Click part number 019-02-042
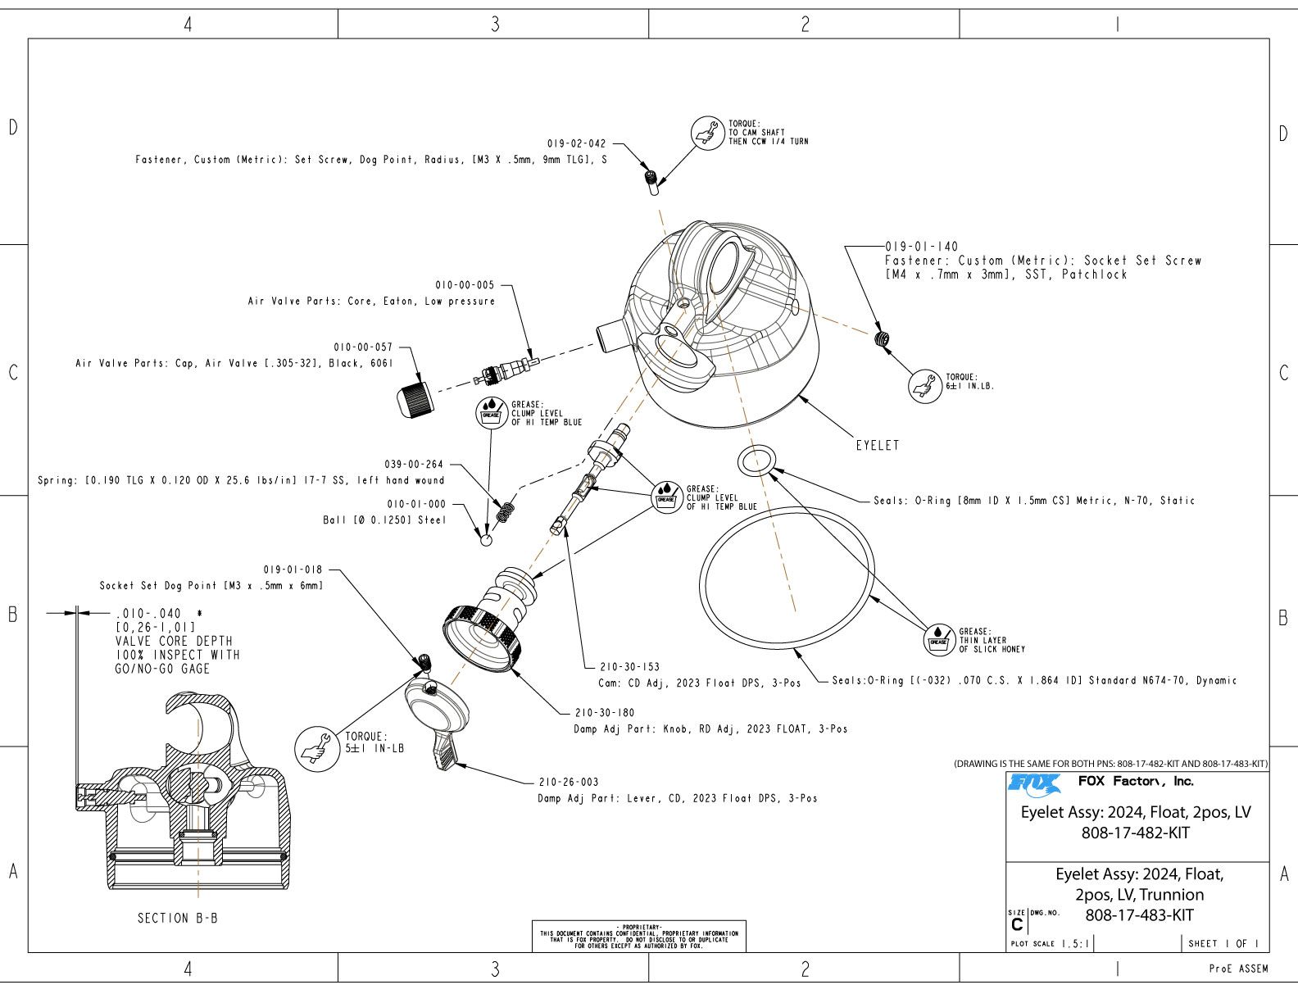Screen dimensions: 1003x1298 [x=577, y=143]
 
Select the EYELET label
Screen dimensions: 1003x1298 [x=878, y=446]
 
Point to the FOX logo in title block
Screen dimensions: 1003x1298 [x=1034, y=783]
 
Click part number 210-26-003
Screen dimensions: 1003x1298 [x=569, y=782]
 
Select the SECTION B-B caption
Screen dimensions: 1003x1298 [x=178, y=918]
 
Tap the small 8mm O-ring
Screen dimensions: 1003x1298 [x=756, y=461]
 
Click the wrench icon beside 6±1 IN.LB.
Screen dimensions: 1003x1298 [x=926, y=385]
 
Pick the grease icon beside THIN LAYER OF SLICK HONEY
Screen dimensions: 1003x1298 [x=938, y=639]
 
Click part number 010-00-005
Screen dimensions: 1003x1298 [x=465, y=285]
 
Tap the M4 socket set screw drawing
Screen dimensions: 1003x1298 [x=883, y=339]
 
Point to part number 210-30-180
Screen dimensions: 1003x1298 [x=605, y=713]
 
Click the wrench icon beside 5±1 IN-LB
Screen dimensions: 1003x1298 [x=317, y=747]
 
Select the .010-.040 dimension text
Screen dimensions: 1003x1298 [x=148, y=613]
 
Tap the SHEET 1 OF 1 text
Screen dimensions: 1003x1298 [x=1223, y=943]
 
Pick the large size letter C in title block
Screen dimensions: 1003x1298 [x=1017, y=924]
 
